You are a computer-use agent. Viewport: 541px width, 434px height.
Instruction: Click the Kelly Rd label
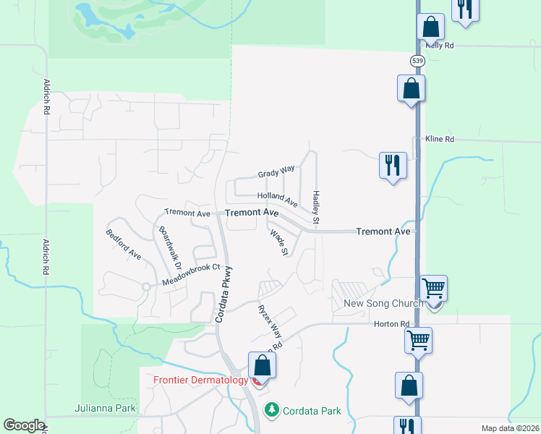(439, 45)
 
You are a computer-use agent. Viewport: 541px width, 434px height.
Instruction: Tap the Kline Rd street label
(440, 139)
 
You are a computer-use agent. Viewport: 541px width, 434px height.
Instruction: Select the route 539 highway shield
(417, 61)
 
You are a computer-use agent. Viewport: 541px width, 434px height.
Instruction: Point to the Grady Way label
(276, 173)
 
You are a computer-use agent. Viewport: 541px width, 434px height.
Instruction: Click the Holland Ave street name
(277, 197)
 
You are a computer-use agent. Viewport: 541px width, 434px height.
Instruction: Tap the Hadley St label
(316, 206)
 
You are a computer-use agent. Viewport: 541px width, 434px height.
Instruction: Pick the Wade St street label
(278, 243)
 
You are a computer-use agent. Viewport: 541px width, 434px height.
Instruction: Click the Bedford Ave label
(123, 244)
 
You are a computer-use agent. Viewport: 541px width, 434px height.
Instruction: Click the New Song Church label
(383, 303)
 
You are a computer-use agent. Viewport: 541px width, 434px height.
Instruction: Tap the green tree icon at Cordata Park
(272, 410)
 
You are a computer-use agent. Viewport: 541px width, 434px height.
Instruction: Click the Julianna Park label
(105, 409)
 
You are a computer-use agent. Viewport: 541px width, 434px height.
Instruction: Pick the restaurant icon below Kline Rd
(393, 166)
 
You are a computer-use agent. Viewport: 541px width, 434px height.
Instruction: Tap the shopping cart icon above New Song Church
(433, 288)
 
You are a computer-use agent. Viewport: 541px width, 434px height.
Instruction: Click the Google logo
(24, 425)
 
